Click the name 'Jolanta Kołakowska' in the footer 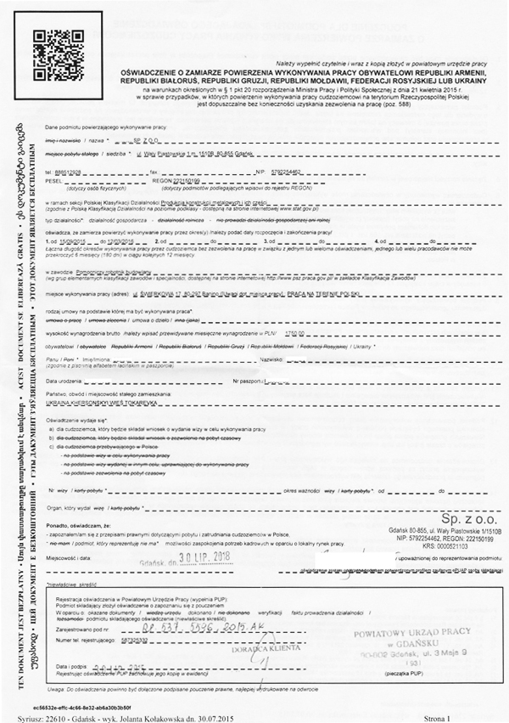tap(167, 715)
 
